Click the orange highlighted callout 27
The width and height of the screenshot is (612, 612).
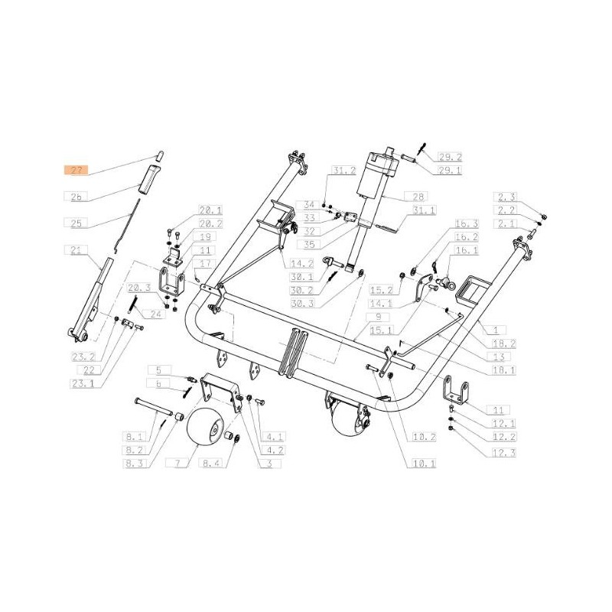(x=76, y=171)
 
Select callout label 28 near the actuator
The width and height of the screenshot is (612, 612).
(x=419, y=197)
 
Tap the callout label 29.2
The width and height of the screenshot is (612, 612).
(x=450, y=156)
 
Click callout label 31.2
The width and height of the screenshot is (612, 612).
(x=343, y=171)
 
